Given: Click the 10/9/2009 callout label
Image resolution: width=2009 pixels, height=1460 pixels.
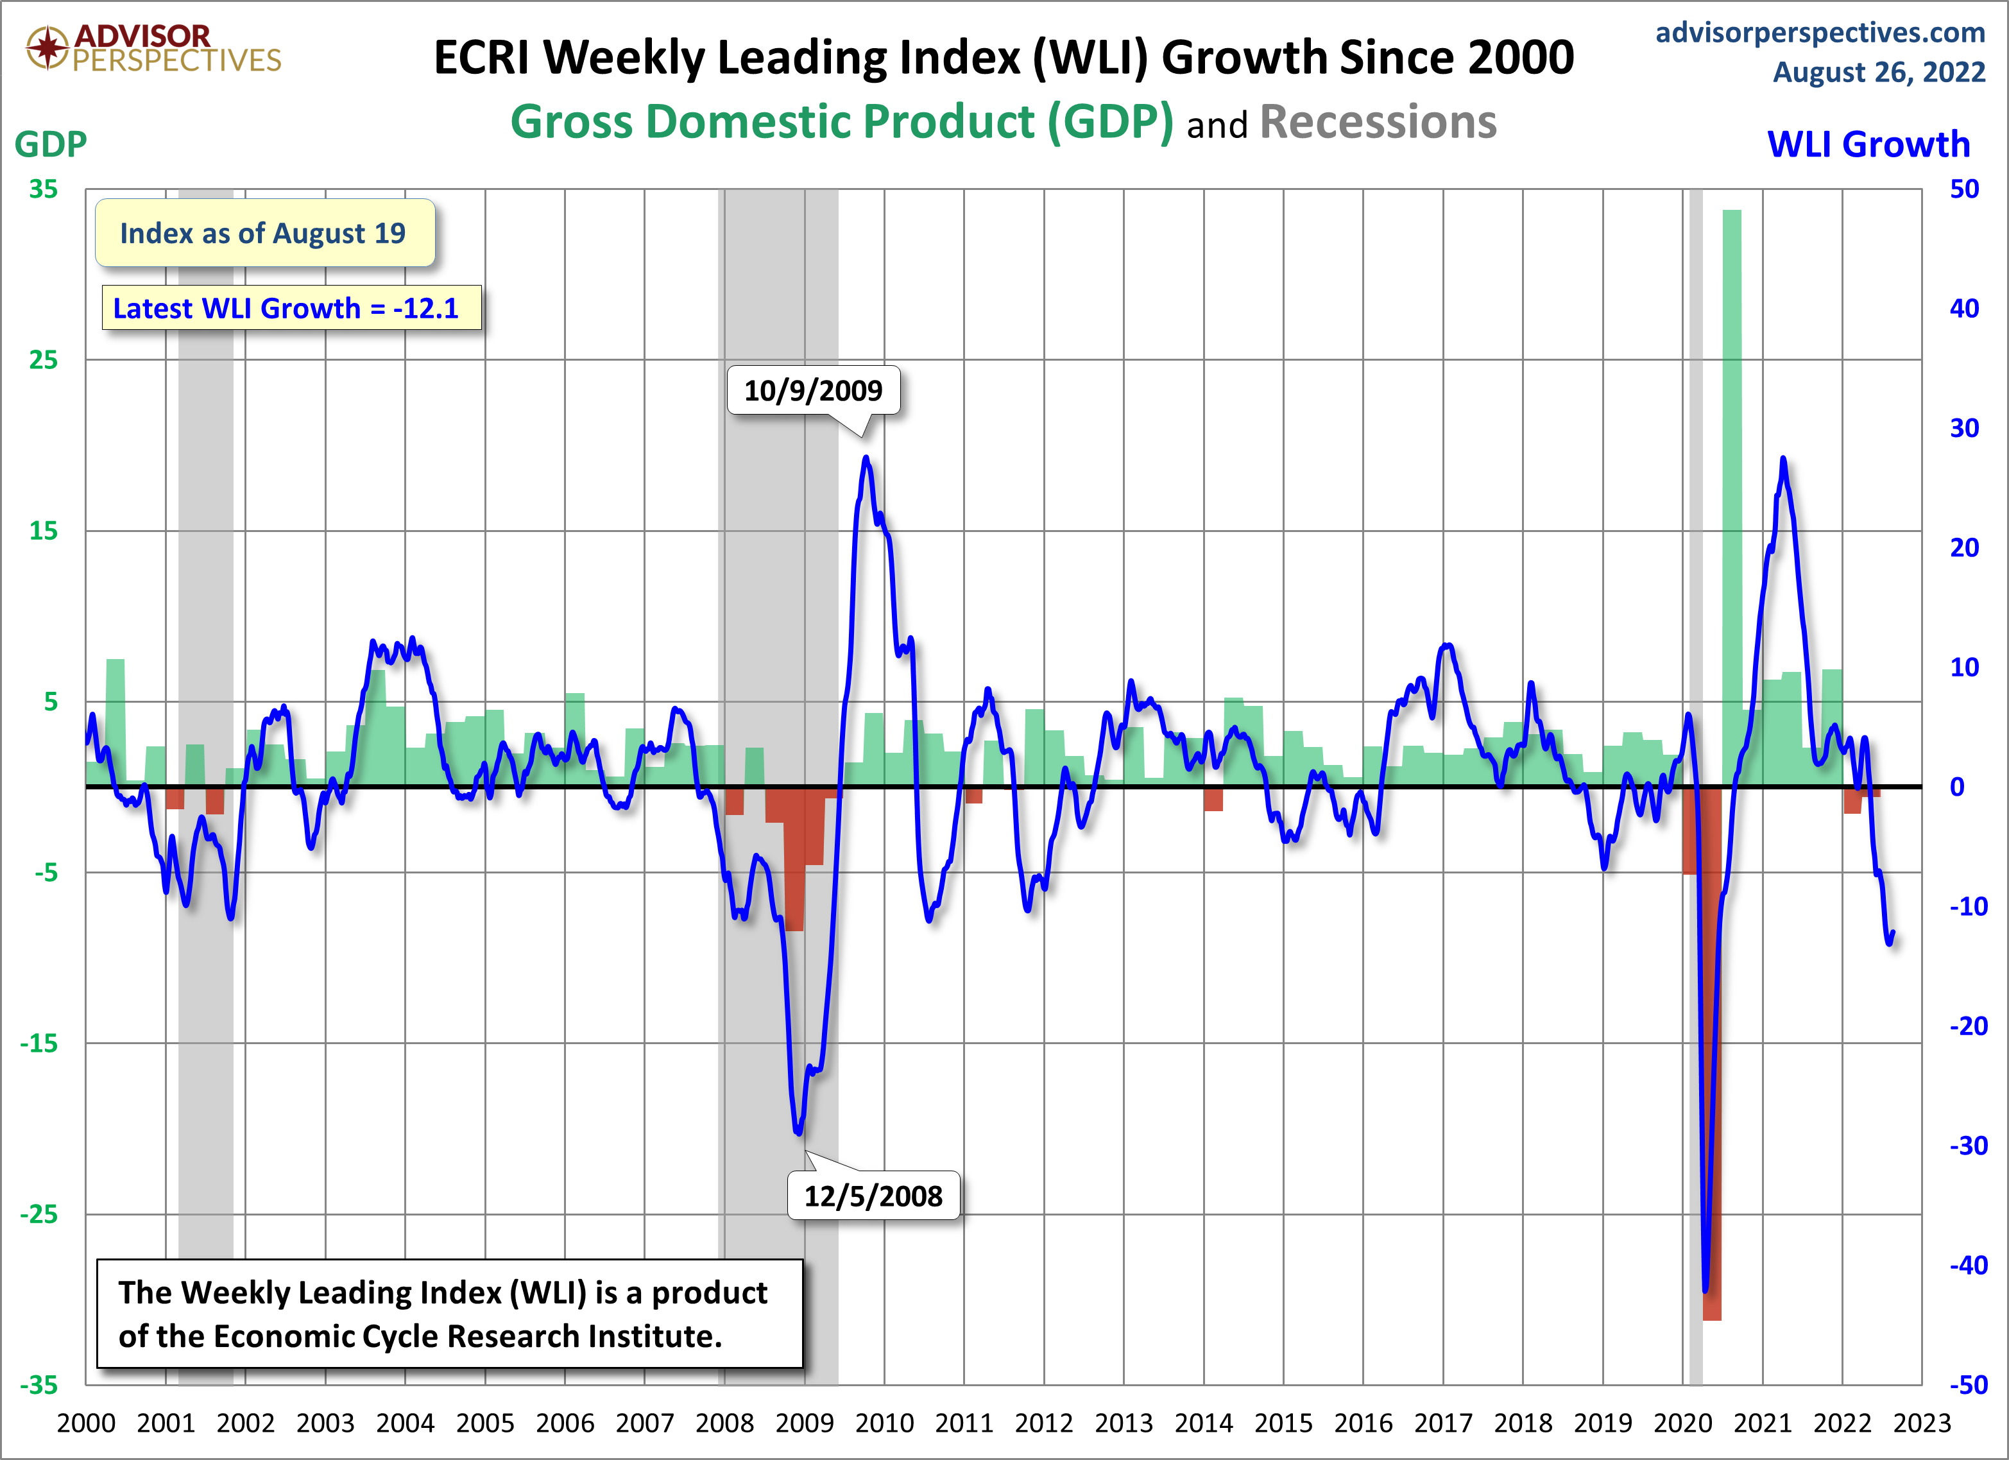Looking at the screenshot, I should (812, 391).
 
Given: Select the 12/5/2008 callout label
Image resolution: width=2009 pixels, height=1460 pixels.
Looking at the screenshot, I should (873, 1196).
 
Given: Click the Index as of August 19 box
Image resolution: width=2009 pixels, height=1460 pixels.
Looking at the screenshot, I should (264, 233).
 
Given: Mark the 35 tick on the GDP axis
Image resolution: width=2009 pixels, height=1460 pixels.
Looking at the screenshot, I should (42, 189).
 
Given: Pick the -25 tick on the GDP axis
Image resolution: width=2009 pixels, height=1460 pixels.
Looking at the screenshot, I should (39, 1214).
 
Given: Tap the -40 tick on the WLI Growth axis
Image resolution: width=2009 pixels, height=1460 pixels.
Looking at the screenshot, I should (1968, 1265).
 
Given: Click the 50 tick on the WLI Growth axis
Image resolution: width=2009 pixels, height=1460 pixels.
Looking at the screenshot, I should (1964, 189).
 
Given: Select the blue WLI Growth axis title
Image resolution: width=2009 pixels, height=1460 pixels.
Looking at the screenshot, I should (1868, 144).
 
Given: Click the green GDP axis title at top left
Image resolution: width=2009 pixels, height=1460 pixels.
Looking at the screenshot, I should (51, 144).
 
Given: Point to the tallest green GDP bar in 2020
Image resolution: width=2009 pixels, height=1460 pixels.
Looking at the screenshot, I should (1732, 496).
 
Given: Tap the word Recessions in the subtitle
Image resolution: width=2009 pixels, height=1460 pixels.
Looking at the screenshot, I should (1378, 123).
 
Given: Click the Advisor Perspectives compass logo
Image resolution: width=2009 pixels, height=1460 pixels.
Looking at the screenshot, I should (47, 47).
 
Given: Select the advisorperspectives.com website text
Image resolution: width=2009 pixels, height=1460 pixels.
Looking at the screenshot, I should (1820, 33).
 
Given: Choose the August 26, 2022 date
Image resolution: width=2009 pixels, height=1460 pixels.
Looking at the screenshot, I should (1878, 72).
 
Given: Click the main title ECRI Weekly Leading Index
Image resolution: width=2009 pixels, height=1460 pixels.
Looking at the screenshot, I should (1003, 58).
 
